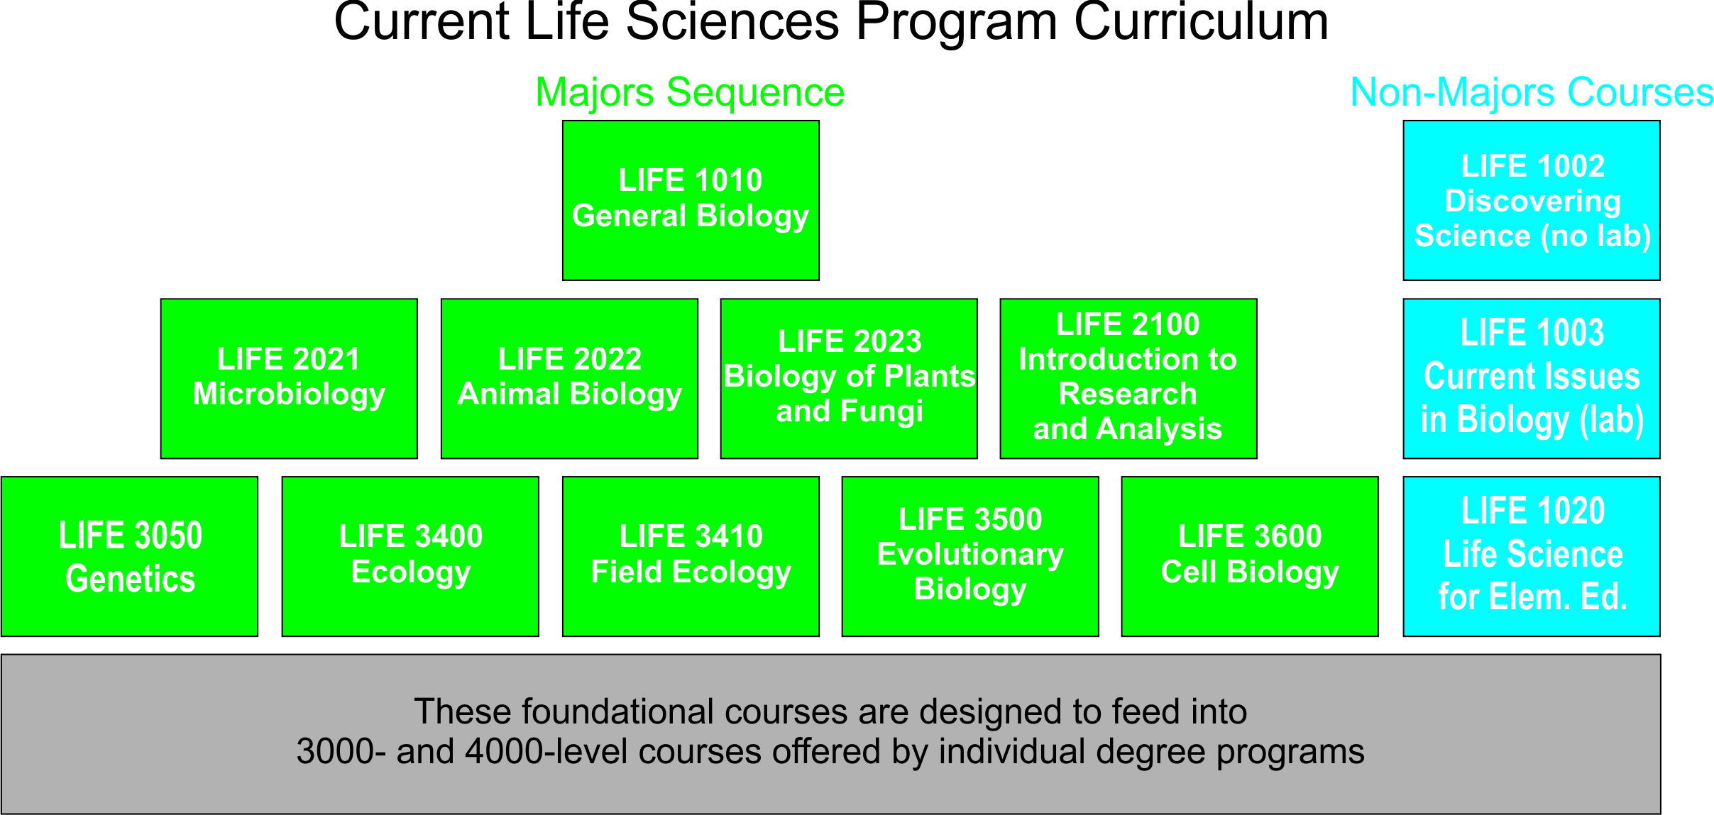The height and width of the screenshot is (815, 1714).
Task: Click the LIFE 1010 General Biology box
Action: click(691, 200)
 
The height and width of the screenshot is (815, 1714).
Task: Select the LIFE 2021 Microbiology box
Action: click(289, 379)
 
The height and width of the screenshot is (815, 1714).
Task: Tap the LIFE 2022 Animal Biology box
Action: click(569, 379)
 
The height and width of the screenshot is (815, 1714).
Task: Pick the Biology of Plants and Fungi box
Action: click(849, 379)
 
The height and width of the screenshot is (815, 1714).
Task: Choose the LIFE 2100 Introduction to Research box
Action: click(1128, 379)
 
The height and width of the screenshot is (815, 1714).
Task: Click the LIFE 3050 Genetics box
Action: click(130, 557)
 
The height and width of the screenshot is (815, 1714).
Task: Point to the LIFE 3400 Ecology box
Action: click(410, 557)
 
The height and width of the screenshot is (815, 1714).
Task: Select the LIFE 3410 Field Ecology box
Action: click(691, 557)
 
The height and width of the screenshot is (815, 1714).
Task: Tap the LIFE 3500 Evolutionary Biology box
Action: click(970, 557)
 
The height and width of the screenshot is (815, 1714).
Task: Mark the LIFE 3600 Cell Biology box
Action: click(1250, 557)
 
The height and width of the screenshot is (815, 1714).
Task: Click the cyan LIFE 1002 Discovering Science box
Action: click(1532, 200)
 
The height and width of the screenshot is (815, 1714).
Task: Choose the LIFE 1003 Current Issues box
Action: click(1532, 379)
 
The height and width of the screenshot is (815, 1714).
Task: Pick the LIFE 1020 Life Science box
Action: click(1532, 557)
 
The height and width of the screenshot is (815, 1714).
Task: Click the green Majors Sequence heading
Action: click(690, 93)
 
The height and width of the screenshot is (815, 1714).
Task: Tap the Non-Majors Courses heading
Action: click(1532, 93)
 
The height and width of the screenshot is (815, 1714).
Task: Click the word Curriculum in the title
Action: click(1201, 23)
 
